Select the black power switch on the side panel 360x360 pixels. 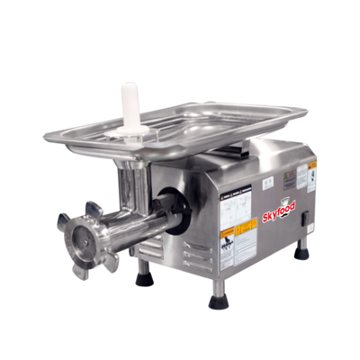coord(305,216)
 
